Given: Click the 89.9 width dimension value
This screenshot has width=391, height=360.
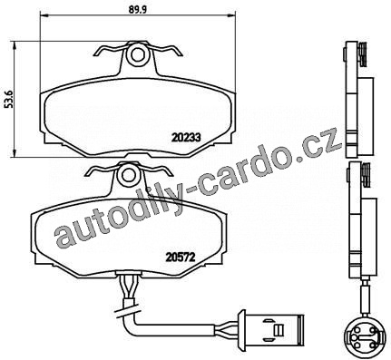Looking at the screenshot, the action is [x=138, y=10].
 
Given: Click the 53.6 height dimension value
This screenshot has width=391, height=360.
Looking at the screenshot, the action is [x=10, y=98].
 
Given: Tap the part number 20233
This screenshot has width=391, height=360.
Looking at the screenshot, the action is [x=186, y=138].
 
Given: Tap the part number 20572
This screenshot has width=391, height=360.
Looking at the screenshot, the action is [x=180, y=258].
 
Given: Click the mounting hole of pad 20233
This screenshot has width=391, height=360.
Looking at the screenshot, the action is [x=138, y=55].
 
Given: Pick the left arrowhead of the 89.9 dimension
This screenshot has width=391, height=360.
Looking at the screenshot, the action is [x=44, y=15].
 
